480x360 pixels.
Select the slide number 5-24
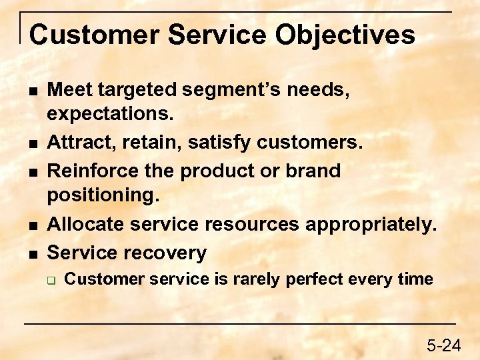tap(443, 345)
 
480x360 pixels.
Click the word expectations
tap(110, 113)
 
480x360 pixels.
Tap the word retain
tap(153, 142)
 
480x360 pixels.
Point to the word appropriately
tap(370, 225)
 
